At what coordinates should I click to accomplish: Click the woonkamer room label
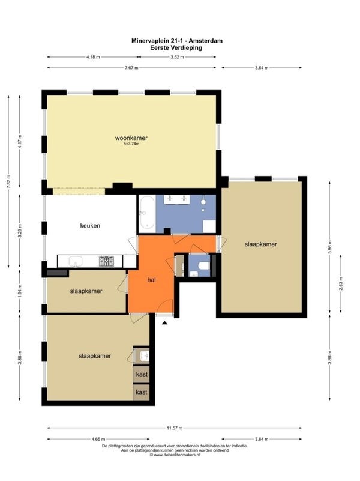pyautogui.click(x=131, y=138)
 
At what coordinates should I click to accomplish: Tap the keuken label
pyautogui.click(x=90, y=226)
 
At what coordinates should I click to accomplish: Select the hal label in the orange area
pyautogui.click(x=151, y=280)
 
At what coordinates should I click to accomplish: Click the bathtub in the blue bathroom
pyautogui.click(x=147, y=212)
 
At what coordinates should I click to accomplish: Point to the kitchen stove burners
pyautogui.click(x=106, y=261)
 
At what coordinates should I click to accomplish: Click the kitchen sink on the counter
pyautogui.click(x=76, y=262)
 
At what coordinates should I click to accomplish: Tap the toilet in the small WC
pyautogui.click(x=204, y=265)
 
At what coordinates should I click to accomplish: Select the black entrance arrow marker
pyautogui.click(x=165, y=322)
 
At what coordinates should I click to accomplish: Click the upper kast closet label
pyautogui.click(x=142, y=374)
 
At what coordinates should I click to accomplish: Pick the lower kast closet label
pyautogui.click(x=142, y=392)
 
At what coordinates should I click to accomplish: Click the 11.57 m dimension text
pyautogui.click(x=175, y=428)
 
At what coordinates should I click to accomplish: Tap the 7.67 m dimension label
pyautogui.click(x=131, y=68)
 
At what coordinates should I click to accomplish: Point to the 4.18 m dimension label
pyautogui.click(x=93, y=57)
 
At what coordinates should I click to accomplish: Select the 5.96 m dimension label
pyautogui.click(x=329, y=246)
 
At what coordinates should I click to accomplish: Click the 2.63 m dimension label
pyautogui.click(x=341, y=284)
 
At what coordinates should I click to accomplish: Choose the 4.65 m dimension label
pyautogui.click(x=98, y=440)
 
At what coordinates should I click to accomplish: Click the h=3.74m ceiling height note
pyautogui.click(x=131, y=144)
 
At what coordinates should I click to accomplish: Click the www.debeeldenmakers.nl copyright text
pyautogui.click(x=175, y=455)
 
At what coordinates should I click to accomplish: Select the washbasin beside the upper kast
pyautogui.click(x=145, y=356)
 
